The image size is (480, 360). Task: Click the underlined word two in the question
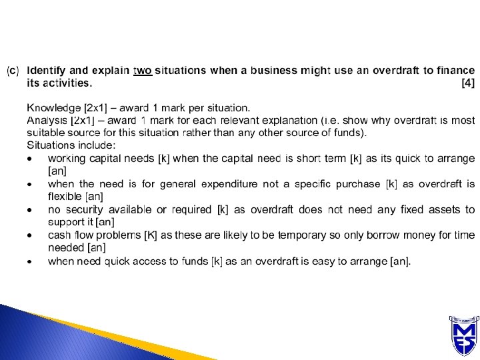(x=143, y=71)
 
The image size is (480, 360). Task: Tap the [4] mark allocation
(x=468, y=83)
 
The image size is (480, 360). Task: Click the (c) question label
(x=13, y=71)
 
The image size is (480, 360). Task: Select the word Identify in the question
(x=46, y=71)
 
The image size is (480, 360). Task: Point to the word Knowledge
(x=54, y=108)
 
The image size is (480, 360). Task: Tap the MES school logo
(x=464, y=336)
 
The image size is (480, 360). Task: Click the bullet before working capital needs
(x=29, y=159)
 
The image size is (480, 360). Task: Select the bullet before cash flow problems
(x=29, y=236)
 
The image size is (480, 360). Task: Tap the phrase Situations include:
(x=71, y=145)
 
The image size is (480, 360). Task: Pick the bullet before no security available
(x=29, y=210)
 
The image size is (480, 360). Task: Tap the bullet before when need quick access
(x=29, y=262)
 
